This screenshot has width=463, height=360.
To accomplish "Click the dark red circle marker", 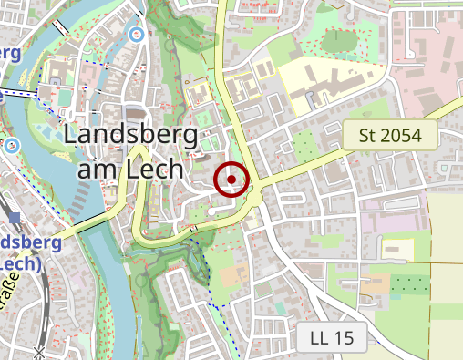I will click(x=232, y=179).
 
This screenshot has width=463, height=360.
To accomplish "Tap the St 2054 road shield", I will click(x=390, y=136).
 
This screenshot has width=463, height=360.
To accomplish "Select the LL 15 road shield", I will click(x=332, y=338).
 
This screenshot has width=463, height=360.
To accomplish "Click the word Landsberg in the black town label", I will click(x=131, y=137).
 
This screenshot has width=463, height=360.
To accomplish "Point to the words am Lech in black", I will click(x=131, y=170).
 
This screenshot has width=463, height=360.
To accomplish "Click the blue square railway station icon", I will click(x=15, y=217).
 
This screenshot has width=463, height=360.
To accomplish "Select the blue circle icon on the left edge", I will click(x=12, y=145).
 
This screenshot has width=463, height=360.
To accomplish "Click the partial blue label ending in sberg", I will click(x=31, y=242).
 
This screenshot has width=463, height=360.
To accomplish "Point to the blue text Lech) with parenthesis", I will click(x=22, y=263).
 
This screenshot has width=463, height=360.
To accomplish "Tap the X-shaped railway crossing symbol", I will click(x=39, y=352).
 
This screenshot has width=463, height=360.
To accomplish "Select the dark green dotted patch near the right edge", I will click(x=408, y=284).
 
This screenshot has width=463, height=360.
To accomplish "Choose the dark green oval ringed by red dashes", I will click(x=339, y=40).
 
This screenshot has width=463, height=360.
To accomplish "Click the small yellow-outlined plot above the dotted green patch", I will click(x=397, y=249).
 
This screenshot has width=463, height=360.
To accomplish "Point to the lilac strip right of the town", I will click(x=384, y=221).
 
